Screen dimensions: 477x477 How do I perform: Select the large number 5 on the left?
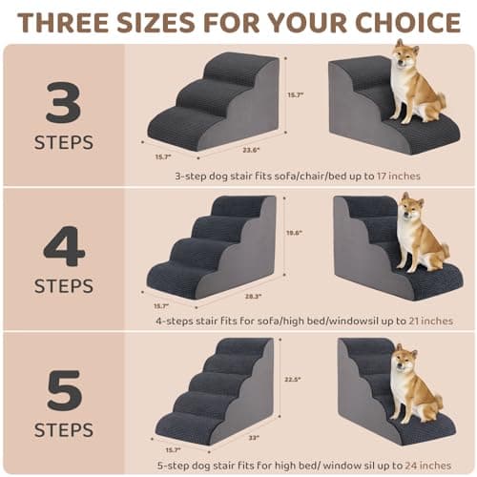tap(64, 390)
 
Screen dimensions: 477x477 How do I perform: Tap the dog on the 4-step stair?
tap(417, 234)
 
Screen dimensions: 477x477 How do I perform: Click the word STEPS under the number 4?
tap(64, 286)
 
